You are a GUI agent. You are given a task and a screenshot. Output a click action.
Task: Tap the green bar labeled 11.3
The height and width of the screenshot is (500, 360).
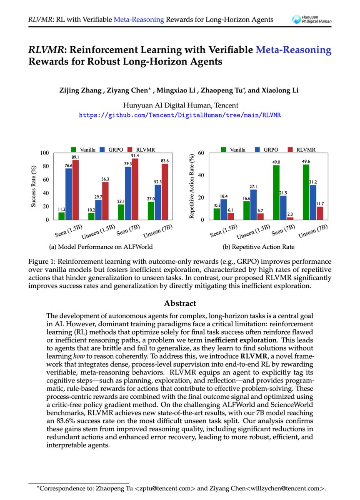click(62, 216)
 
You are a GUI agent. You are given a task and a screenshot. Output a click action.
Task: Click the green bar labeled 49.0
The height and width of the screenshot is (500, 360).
click(276, 192)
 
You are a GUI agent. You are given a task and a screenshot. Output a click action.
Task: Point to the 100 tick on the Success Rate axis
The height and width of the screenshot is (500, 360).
click(44, 153)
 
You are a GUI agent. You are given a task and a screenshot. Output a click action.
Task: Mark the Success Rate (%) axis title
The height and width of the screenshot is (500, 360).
click(34, 186)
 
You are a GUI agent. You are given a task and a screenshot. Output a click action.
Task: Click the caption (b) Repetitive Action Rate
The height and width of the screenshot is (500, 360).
click(258, 247)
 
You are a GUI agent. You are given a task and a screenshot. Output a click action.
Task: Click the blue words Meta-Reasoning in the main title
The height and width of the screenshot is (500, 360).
click(294, 50)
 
